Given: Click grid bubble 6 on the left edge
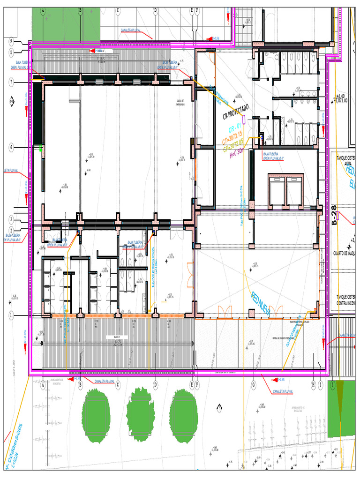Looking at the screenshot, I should coord(11,147).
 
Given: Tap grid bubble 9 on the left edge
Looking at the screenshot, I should coord(11,41).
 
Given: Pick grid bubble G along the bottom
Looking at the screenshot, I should coord(254,384).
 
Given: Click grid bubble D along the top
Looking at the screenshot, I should coord(155,10).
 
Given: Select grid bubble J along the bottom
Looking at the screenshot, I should coord(333,384).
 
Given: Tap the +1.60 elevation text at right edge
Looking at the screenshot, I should coord(344,96).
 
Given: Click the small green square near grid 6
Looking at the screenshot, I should coord(41,148).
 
